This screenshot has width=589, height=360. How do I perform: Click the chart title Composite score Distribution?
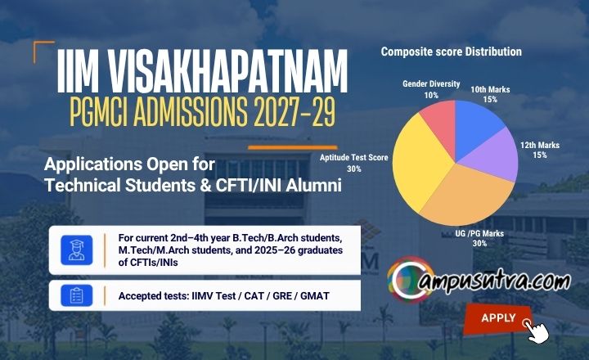tap(451, 52)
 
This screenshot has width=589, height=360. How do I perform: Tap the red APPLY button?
tap(498, 318)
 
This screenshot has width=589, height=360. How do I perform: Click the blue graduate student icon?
tap(77, 250)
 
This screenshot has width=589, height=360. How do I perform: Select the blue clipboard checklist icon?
tap(77, 295)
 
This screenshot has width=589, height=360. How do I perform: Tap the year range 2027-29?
tap(294, 112)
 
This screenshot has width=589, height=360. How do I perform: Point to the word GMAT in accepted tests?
tap(315, 296)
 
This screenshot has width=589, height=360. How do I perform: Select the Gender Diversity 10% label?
tap(431, 89)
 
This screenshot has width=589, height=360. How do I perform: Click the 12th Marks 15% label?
tap(540, 150)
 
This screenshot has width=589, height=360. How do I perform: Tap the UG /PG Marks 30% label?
tap(479, 238)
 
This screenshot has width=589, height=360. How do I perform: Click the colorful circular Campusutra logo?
tap(411, 280)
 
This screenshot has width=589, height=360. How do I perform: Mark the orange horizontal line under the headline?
tap(293, 148)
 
